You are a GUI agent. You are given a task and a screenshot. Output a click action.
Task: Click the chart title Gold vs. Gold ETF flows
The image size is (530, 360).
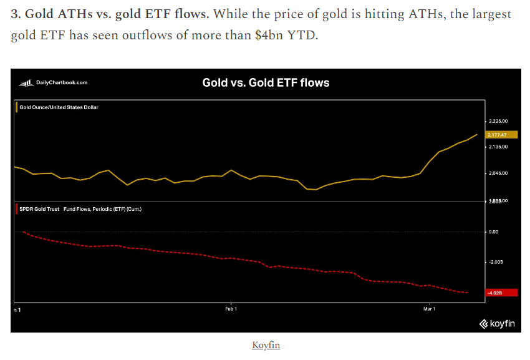[x=266, y=82]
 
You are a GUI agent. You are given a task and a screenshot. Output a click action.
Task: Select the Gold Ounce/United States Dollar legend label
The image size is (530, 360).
[x=59, y=107]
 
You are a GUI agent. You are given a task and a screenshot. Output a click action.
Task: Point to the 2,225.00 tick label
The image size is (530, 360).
[x=501, y=120]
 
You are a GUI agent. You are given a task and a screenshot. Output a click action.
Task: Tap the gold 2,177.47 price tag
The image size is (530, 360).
[x=503, y=134]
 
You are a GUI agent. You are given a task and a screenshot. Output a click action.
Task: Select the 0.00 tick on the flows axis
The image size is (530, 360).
[x=494, y=232]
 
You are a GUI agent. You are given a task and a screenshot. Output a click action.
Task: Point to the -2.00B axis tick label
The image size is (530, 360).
[x=497, y=262]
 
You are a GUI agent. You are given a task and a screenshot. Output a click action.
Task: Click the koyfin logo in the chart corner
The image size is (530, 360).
[x=496, y=323]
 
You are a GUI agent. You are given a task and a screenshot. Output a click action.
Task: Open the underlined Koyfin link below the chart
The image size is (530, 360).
[x=266, y=345]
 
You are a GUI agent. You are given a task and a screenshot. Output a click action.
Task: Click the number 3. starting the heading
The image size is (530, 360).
[x=16, y=14]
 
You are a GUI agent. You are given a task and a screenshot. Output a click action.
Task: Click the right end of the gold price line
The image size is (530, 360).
[x=477, y=134]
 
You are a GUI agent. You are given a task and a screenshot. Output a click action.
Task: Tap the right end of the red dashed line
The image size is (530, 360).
[x=468, y=293]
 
